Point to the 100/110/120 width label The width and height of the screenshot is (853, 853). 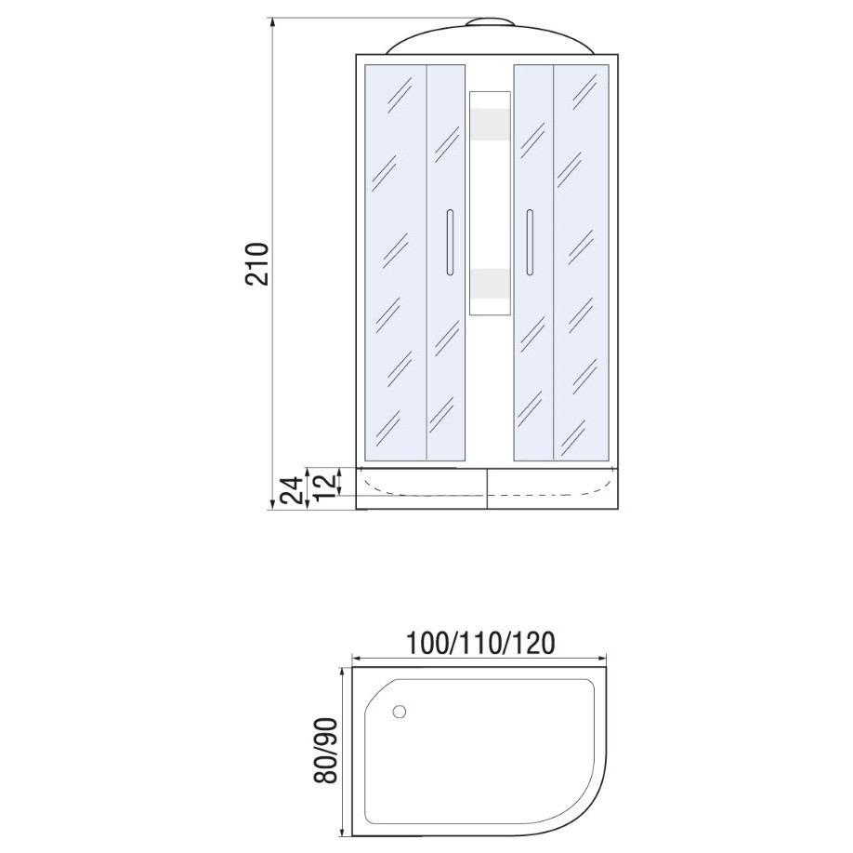[x=481, y=643]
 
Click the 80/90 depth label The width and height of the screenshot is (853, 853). [x=326, y=750]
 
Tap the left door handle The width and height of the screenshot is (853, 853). [x=449, y=242]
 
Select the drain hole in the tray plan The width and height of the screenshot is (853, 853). [x=400, y=712]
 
